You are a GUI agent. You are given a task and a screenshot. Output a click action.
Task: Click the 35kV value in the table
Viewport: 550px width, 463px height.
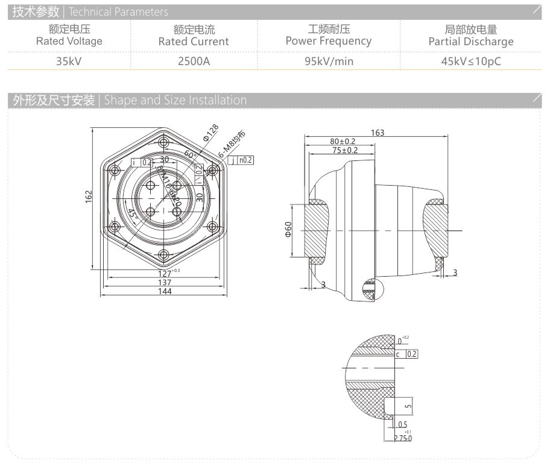pyautogui.click(x=69, y=60)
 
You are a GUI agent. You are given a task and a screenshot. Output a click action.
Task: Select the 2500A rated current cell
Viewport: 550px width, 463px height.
pyautogui.click(x=194, y=60)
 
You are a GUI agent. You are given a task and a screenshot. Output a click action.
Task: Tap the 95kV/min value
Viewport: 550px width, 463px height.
pyautogui.click(x=329, y=60)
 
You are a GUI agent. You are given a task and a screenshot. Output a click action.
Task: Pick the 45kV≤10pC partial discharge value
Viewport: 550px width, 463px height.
pyautogui.click(x=471, y=60)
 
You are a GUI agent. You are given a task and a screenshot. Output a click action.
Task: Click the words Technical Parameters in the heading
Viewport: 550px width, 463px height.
pyautogui.click(x=118, y=11)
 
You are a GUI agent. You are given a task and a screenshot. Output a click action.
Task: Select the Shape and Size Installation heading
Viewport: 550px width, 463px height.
pyautogui.click(x=175, y=100)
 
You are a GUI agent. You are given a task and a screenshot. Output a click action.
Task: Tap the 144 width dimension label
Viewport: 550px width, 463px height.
pyautogui.click(x=165, y=291)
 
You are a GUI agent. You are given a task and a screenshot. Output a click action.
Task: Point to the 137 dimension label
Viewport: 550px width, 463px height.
pyautogui.click(x=165, y=282)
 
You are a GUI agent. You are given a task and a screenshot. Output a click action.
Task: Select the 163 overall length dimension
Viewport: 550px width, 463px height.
pyautogui.click(x=378, y=133)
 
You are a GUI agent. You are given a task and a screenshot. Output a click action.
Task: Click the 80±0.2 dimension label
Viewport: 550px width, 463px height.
pyautogui.click(x=343, y=141)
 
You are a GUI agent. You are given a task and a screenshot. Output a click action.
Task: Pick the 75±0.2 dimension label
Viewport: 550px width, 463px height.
pyautogui.click(x=345, y=150)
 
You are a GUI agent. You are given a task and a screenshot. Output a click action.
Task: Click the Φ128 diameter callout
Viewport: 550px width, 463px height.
pyautogui.click(x=210, y=133)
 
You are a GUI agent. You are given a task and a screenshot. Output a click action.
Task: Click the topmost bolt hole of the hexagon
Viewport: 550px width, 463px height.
pyautogui.click(x=163, y=143)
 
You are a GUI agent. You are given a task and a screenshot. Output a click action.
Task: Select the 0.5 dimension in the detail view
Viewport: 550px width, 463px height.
pyautogui.click(x=403, y=424)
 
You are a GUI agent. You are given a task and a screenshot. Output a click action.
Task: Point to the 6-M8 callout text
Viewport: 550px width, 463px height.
pyautogui.click(x=232, y=145)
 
